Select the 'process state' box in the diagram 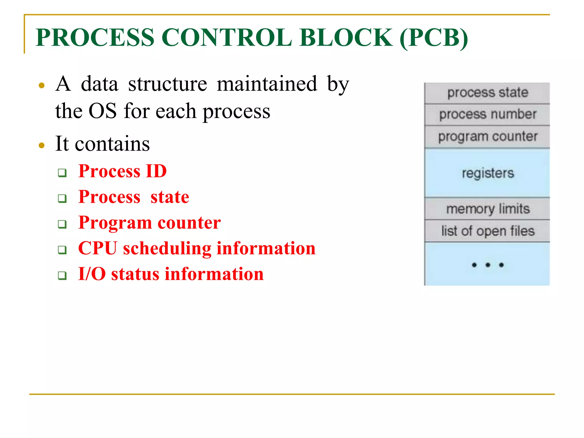pos(487,93)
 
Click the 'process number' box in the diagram pos(487,114)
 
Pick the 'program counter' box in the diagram pos(487,137)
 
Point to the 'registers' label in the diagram pos(488,173)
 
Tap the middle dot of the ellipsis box pos(488,265)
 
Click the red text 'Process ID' pos(122,171)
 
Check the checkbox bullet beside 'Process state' pos(62,198)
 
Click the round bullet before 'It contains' pos(42,145)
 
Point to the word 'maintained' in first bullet pos(267,84)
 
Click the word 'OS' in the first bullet pos(102,111)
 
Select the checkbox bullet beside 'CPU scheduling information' pos(62,250)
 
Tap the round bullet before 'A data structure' pos(42,85)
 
